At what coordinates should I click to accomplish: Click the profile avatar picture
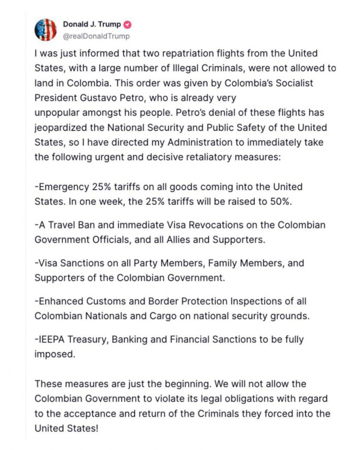click(x=46, y=30)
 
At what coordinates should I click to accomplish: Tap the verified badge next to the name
click(x=127, y=25)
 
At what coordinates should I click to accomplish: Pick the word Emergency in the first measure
click(x=64, y=187)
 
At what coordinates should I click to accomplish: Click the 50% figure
click(x=280, y=201)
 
